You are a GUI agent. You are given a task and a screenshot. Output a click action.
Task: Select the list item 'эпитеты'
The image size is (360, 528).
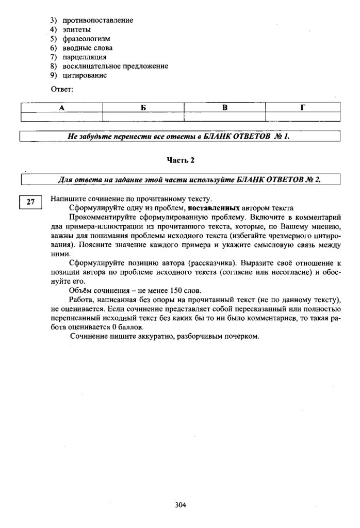point(77,29)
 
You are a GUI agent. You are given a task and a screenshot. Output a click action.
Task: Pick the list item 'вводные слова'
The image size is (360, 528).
point(88,48)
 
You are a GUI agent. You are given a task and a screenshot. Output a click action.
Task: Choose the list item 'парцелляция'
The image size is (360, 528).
point(85,57)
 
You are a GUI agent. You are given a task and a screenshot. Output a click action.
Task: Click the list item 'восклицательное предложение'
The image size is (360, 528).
point(115,67)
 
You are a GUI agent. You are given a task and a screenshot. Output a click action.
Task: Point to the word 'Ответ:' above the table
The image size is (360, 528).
point(62,90)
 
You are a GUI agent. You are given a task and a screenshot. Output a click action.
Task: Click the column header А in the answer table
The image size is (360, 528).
point(61,108)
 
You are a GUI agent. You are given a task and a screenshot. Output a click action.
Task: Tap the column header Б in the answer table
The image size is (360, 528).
point(143,108)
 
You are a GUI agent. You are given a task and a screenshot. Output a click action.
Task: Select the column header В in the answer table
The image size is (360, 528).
point(225,108)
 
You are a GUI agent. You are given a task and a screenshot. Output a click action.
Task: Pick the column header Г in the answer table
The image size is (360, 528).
point(303,108)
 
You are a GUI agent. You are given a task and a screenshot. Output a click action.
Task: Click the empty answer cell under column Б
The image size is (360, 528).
point(143,117)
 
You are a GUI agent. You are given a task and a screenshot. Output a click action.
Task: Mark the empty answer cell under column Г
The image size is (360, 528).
point(303,117)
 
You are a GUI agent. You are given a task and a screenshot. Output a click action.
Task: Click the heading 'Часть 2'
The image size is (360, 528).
point(180,160)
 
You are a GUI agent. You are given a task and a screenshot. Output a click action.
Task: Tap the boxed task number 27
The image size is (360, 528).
point(30,202)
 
